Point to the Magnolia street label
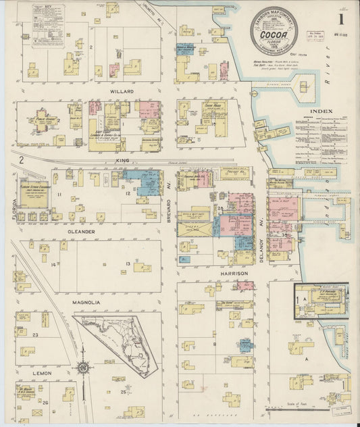(x=86, y=302)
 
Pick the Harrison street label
(x=234, y=273)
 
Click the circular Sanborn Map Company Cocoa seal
(x=274, y=30)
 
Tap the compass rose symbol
(x=84, y=368)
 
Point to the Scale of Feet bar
(x=291, y=407)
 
